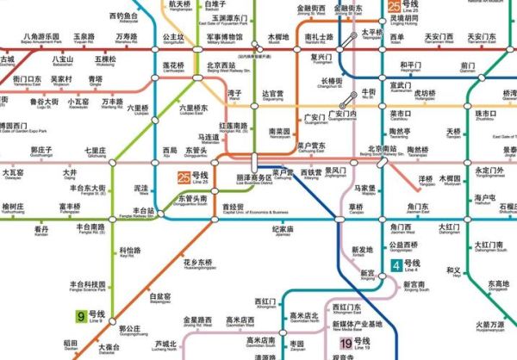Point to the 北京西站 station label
tap(221, 66)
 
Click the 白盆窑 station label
tap(161, 297)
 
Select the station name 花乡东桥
tap(197, 262)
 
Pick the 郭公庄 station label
tap(129, 329)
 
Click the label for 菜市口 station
tap(399, 114)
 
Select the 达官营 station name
tap(272, 93)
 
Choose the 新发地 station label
tap(364, 250)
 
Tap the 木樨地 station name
tap(278, 39)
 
